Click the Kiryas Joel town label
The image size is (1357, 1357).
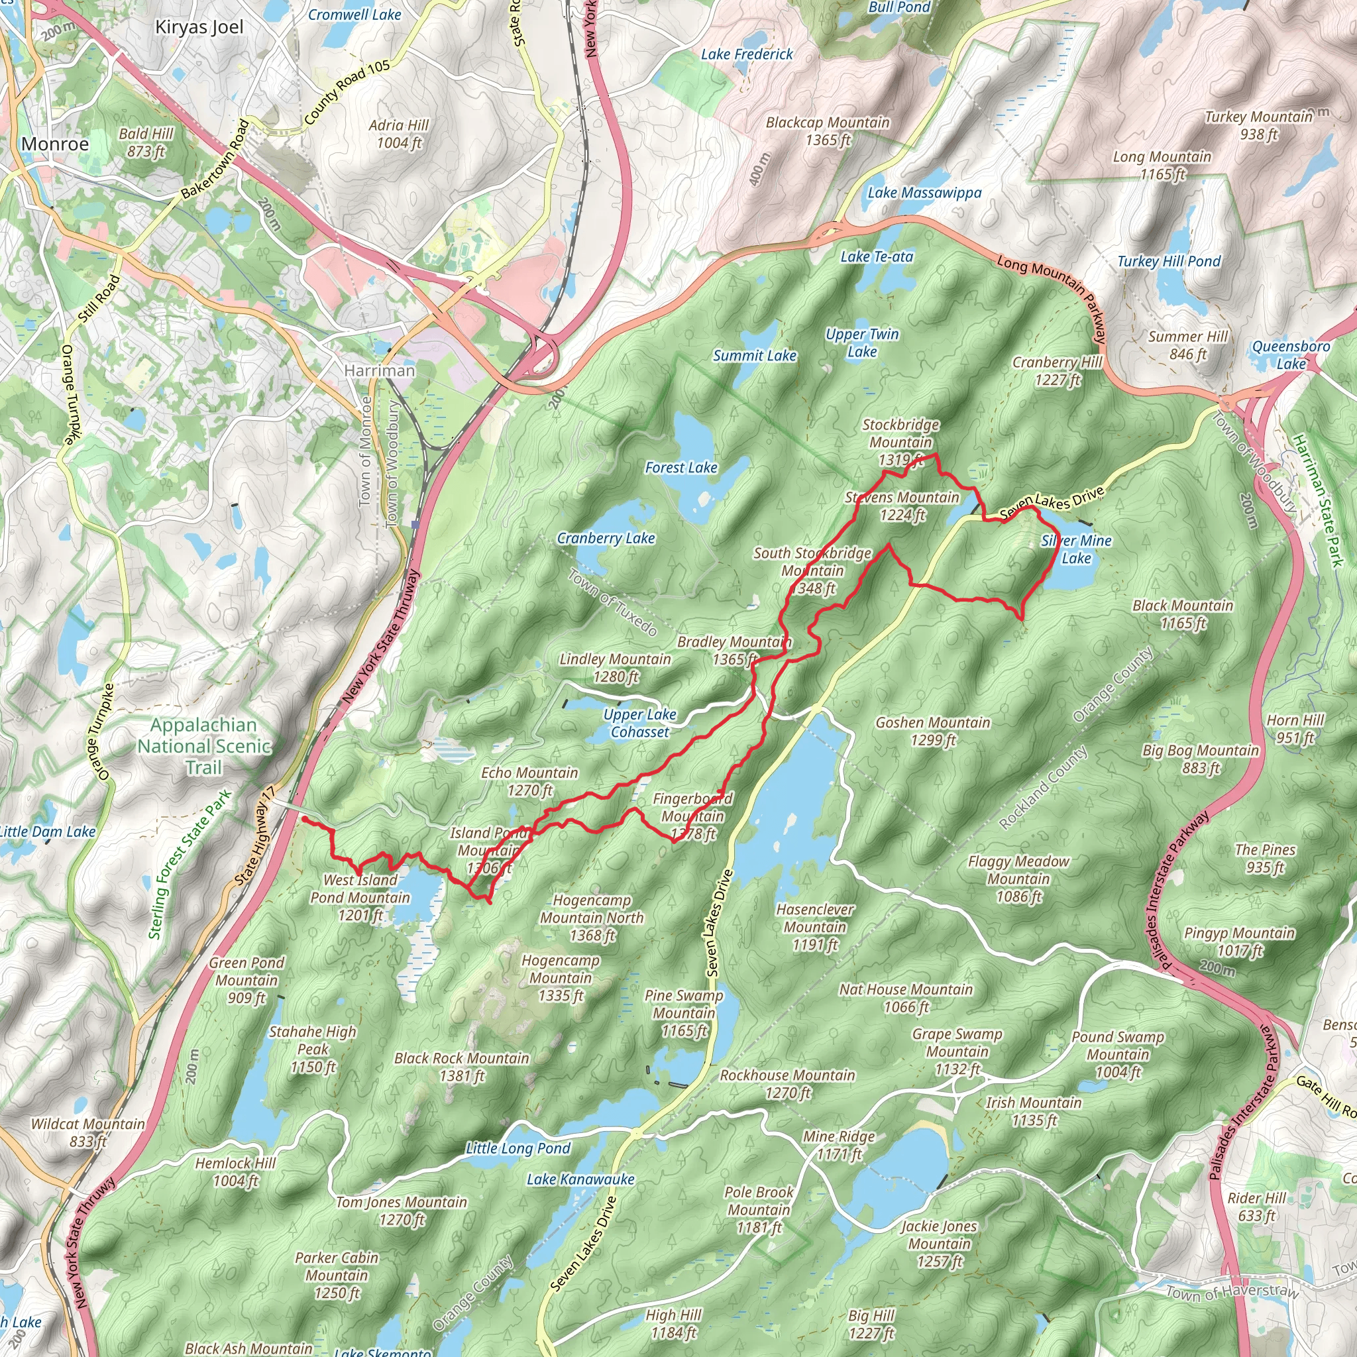199,27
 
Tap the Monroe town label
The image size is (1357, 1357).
55,144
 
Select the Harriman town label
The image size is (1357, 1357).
379,370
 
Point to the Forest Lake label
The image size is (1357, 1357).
681,468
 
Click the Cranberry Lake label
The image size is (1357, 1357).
606,539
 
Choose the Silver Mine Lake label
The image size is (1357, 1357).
1076,549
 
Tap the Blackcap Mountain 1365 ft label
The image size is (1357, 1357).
828,131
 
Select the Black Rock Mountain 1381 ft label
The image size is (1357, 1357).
461,1067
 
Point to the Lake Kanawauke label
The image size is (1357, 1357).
580,1179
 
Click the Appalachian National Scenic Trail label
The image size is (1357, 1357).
203,746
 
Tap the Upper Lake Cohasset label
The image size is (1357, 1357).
640,723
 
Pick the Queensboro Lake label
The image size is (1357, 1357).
1291,354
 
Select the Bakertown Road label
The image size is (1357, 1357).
215,160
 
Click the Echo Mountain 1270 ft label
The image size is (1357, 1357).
529,781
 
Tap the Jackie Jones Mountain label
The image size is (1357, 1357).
939,1244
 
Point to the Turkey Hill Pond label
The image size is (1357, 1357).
1169,261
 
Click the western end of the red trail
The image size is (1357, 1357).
303,818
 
